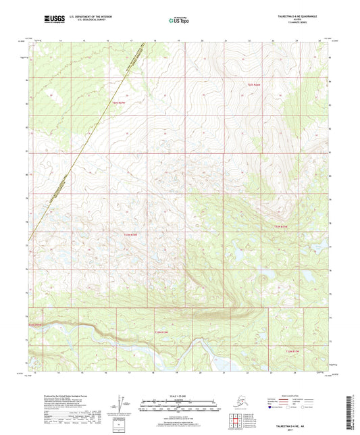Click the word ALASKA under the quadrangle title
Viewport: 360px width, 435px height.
(301, 20)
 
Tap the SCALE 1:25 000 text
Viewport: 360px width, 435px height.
(180, 396)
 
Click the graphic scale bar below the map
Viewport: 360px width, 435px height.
(180, 404)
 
